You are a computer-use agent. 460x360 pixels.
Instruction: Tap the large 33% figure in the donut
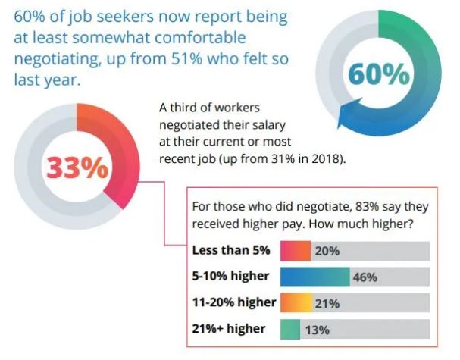[78, 167]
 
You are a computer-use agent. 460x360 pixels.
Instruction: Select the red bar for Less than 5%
[296, 251]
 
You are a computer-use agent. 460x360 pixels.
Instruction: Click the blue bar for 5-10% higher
[314, 277]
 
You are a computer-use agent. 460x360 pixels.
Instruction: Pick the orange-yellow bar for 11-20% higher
[296, 303]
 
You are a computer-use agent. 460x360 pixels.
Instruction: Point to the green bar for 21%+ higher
[289, 329]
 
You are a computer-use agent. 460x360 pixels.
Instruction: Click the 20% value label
[327, 251]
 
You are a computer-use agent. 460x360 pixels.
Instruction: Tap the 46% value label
[365, 277]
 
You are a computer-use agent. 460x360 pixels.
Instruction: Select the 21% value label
[328, 303]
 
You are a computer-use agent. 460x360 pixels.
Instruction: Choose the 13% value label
[317, 330]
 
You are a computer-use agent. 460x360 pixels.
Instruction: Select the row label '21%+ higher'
[229, 328]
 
